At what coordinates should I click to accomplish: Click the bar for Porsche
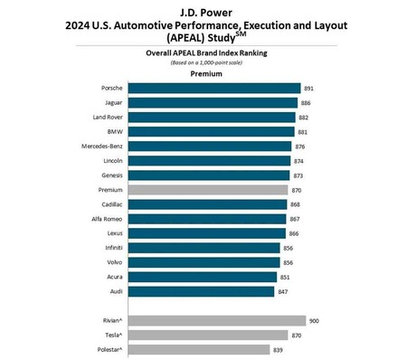(213, 89)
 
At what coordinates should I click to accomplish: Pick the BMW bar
(211, 132)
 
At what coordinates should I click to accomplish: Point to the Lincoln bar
(209, 161)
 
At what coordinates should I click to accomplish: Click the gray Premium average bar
(208, 190)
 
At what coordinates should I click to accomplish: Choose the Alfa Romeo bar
(207, 219)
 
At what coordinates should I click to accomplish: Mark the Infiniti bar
(203, 248)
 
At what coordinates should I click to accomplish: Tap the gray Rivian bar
(216, 320)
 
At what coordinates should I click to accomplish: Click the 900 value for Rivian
(315, 320)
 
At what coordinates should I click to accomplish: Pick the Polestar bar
(198, 349)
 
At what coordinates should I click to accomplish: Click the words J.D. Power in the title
(203, 11)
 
